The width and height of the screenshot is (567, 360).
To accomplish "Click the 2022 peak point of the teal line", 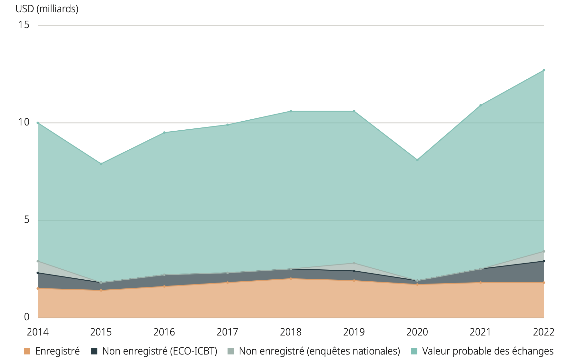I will [x=543, y=70].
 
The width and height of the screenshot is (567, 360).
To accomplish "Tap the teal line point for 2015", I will [x=101, y=164].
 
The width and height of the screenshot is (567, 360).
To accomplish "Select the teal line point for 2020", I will [x=417, y=160].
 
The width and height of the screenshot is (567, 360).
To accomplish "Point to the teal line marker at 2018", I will [x=291, y=111].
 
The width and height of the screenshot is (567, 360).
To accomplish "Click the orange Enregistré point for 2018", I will [x=291, y=279].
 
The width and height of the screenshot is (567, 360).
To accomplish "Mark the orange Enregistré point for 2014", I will [x=38, y=288].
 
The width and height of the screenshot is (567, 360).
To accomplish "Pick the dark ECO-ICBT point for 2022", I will [x=543, y=261].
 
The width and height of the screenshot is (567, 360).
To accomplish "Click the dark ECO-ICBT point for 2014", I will [x=38, y=273].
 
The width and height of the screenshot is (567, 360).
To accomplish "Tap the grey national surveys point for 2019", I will [x=354, y=263].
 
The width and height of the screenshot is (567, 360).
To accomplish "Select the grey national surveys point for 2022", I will [x=543, y=252].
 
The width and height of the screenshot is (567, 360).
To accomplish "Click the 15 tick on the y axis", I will [x=24, y=25].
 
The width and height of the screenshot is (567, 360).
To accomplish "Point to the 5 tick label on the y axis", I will [x=26, y=220].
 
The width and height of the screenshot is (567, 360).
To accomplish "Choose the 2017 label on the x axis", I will [x=227, y=332].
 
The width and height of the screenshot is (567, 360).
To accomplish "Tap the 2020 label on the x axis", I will [x=417, y=332].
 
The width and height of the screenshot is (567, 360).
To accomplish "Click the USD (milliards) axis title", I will [x=47, y=9].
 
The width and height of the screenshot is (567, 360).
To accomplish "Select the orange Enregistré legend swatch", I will [x=27, y=351].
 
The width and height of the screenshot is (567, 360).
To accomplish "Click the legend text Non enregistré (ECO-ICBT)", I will [x=160, y=351].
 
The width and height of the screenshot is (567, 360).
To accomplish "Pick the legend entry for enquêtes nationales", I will [x=319, y=351].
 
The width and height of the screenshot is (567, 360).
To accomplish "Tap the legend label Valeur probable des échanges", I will [x=488, y=351].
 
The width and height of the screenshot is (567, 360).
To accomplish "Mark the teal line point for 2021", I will [x=480, y=105].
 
